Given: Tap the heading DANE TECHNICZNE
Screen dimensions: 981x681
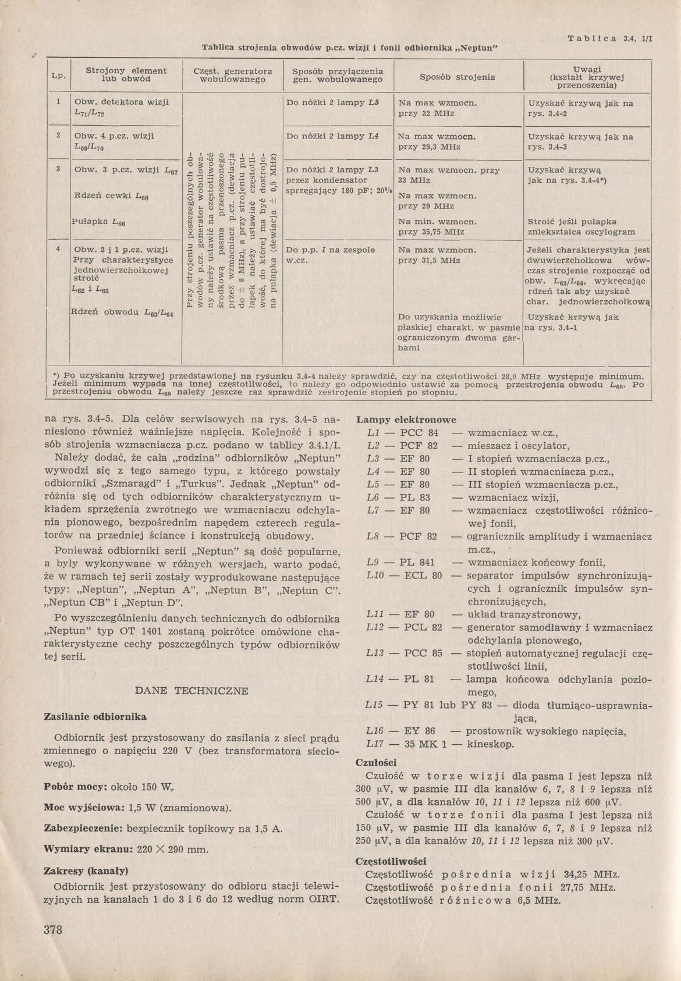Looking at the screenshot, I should pyautogui.click(x=191, y=691).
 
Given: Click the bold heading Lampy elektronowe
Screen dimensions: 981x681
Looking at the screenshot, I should pyautogui.click(x=406, y=420).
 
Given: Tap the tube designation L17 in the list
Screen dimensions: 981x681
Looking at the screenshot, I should pyautogui.click(x=375, y=744).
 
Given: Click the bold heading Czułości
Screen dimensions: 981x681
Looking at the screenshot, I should pyautogui.click(x=376, y=762).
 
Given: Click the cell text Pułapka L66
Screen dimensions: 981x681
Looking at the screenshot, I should pyautogui.click(x=98, y=222).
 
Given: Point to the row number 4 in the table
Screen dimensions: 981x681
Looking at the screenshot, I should pyautogui.click(x=58, y=248).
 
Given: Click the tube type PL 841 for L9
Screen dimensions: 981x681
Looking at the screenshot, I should pyautogui.click(x=417, y=563).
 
